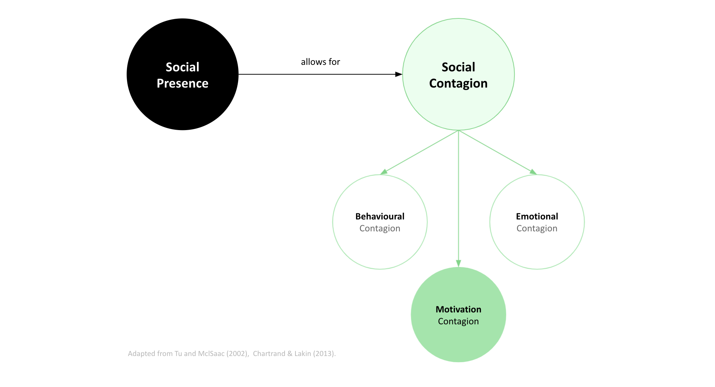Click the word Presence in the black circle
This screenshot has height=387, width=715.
(183, 83)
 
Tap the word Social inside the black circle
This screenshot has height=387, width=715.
(183, 67)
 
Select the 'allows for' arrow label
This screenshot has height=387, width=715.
(320, 62)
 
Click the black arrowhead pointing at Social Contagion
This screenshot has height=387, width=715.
(399, 74)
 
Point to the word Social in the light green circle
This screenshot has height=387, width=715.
(458, 67)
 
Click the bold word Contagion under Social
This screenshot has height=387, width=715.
(458, 83)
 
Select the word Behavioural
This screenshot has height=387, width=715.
(380, 216)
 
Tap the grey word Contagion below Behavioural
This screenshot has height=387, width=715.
(380, 228)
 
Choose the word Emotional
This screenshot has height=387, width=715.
(537, 216)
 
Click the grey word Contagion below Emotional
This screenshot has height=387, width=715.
(537, 228)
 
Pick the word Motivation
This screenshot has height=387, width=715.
(458, 309)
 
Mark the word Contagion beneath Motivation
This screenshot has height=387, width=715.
(458, 321)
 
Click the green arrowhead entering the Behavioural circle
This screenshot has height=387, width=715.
(384, 172)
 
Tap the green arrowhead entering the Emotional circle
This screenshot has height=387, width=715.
(533, 172)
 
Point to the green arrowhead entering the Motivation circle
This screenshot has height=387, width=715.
(459, 263)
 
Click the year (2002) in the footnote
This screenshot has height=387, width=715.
(237, 353)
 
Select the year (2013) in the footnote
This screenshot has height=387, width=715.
(324, 353)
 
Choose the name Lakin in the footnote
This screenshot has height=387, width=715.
(303, 353)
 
